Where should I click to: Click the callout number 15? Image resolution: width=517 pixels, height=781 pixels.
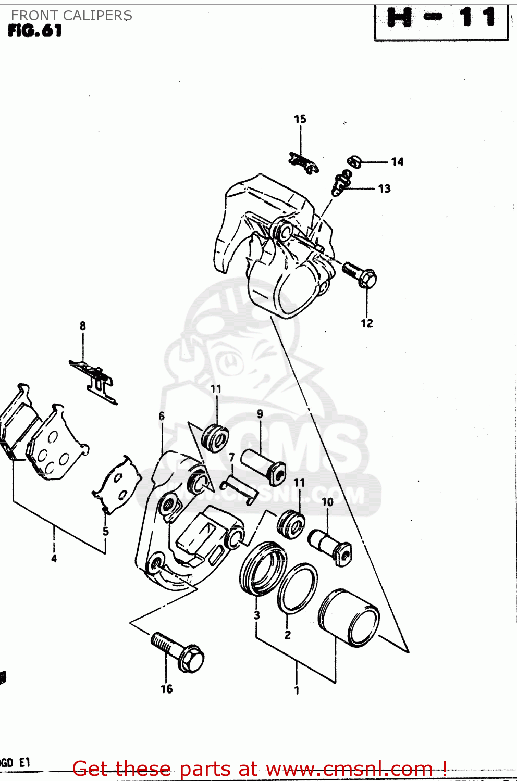coord(300,119)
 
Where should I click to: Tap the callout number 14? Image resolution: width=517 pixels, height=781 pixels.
coord(397,162)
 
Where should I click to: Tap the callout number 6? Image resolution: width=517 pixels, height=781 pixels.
coord(162,416)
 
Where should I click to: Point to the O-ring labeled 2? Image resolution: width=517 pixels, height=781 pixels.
coord(297,588)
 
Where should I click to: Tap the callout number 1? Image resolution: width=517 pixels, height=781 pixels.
coord(297,690)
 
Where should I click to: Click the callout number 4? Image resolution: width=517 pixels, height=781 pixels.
coord(54,559)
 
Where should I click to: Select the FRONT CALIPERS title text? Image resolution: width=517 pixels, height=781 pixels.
coord(71,16)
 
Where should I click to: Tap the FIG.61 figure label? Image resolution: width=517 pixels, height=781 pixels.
coord(35,31)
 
